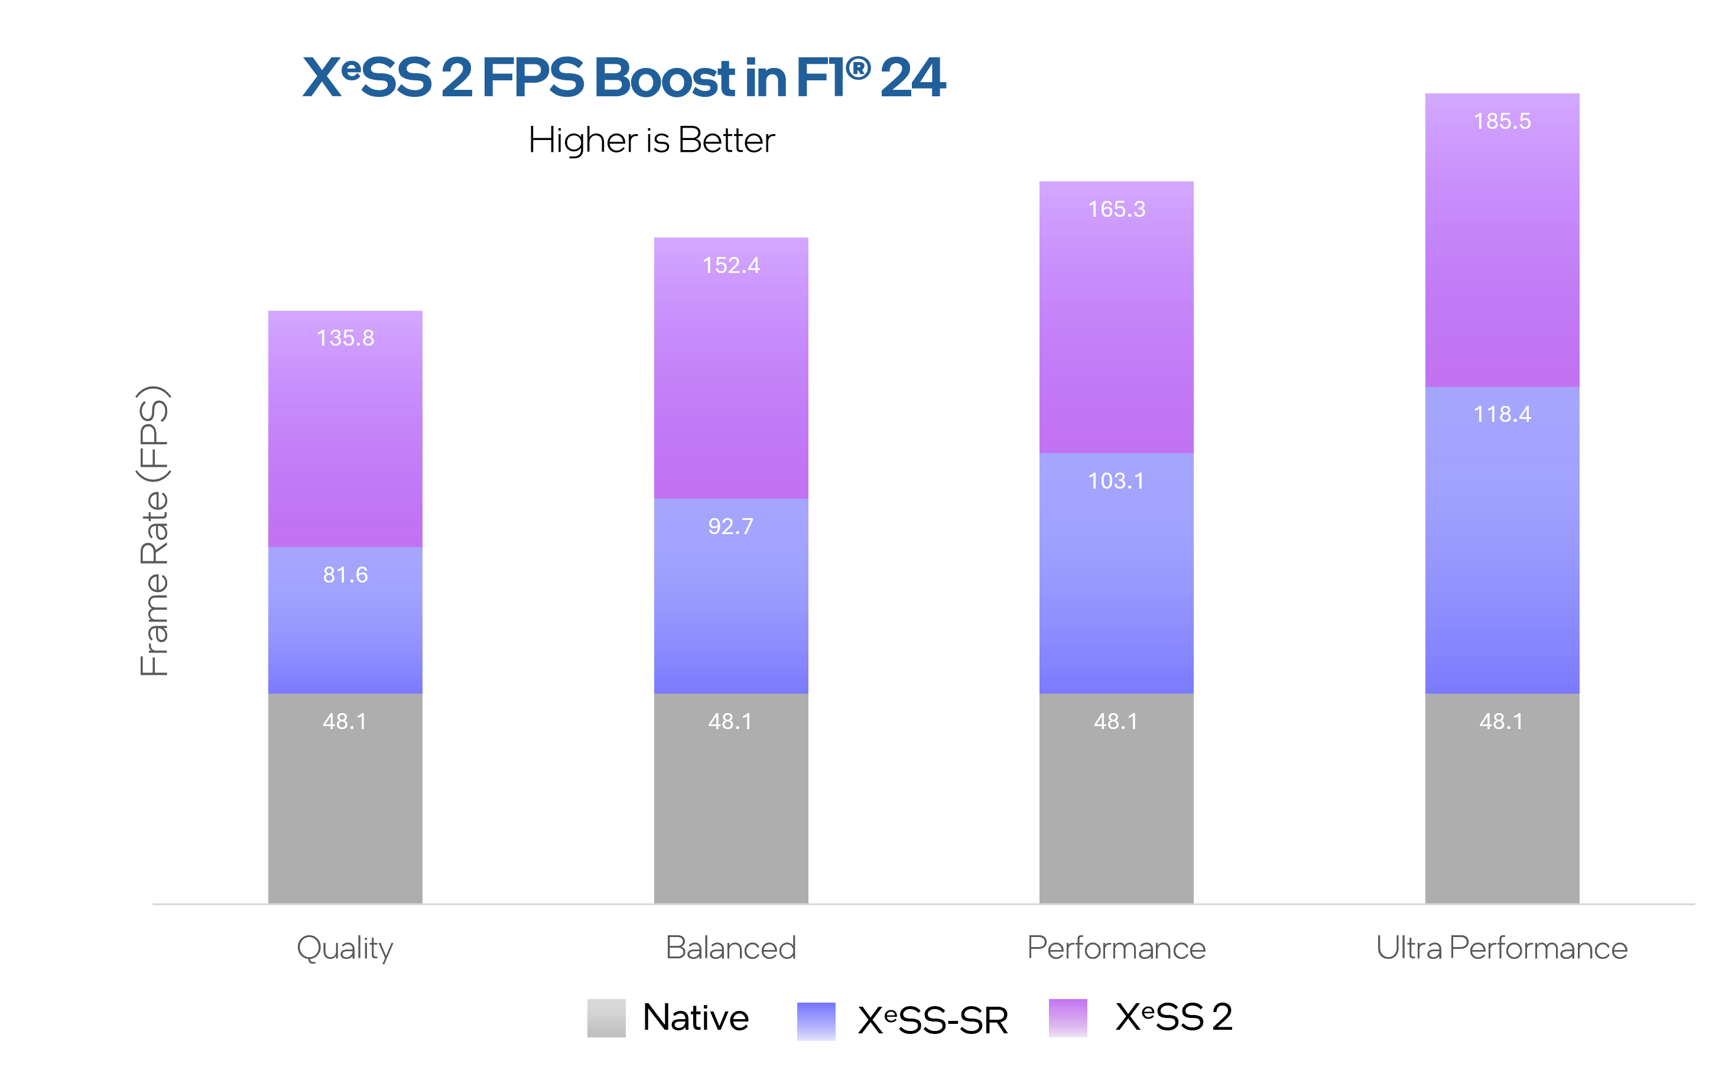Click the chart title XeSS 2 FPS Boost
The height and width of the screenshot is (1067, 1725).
(x=624, y=77)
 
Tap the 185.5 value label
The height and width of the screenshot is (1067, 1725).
(x=1502, y=121)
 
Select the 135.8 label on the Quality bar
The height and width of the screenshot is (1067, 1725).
(x=345, y=338)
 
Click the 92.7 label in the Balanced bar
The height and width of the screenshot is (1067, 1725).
(x=730, y=526)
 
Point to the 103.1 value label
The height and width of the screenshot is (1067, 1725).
(x=1116, y=482)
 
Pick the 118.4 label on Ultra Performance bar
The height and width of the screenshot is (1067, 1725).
(x=1502, y=414)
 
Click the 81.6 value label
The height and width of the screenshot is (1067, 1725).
(x=345, y=575)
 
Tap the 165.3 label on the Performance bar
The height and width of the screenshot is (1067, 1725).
(x=1116, y=210)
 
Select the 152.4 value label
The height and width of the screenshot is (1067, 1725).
(x=730, y=265)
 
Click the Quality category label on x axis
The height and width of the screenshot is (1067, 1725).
(x=345, y=948)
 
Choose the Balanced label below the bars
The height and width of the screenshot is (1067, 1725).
(x=730, y=948)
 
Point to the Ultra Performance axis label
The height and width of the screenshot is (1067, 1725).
(x=1502, y=948)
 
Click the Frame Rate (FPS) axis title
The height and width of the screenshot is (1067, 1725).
(x=154, y=531)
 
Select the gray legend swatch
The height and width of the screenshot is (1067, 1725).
(x=606, y=1017)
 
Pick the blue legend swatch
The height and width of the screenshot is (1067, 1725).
(x=816, y=1021)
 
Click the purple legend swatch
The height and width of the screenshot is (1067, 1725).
(x=1068, y=1017)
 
